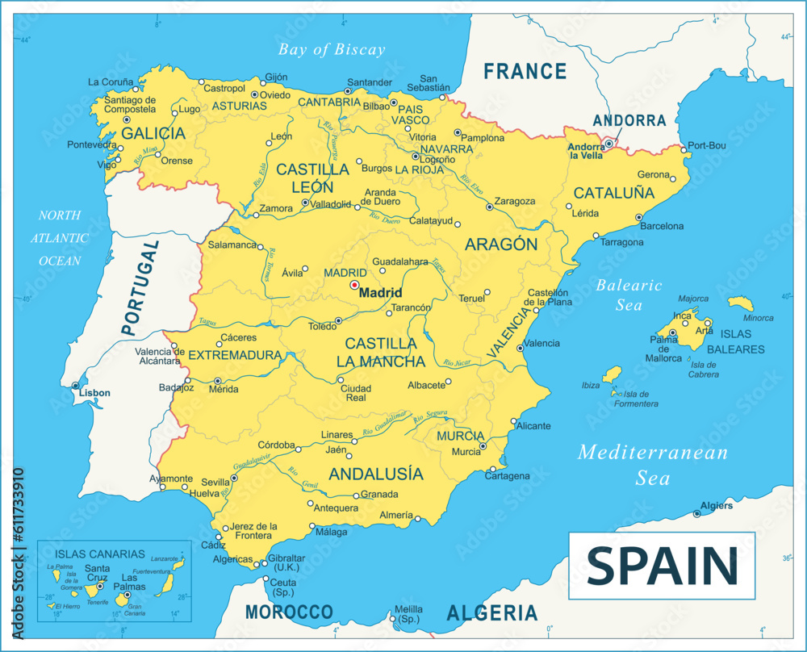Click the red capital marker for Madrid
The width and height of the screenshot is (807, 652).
point(354,285)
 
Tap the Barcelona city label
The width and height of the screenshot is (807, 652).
point(662,227)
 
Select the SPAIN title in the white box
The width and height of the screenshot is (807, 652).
point(662,566)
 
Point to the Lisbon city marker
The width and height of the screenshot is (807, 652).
point(75,386)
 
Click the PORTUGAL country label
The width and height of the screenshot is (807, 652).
point(139,286)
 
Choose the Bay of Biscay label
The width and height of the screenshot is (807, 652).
point(332,50)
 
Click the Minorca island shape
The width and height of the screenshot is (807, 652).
point(740,304)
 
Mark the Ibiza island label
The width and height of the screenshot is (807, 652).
point(591,386)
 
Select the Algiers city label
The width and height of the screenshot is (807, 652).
point(717,506)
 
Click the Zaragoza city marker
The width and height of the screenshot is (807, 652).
point(490,207)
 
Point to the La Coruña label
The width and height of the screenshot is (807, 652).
point(110,81)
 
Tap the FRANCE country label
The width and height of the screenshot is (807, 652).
point(525,72)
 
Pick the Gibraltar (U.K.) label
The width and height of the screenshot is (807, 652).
point(286,562)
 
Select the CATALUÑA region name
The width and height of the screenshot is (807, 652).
point(613,194)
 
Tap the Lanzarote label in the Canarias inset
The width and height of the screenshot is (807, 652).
point(165,558)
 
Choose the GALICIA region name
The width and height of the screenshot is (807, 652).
point(153,134)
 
